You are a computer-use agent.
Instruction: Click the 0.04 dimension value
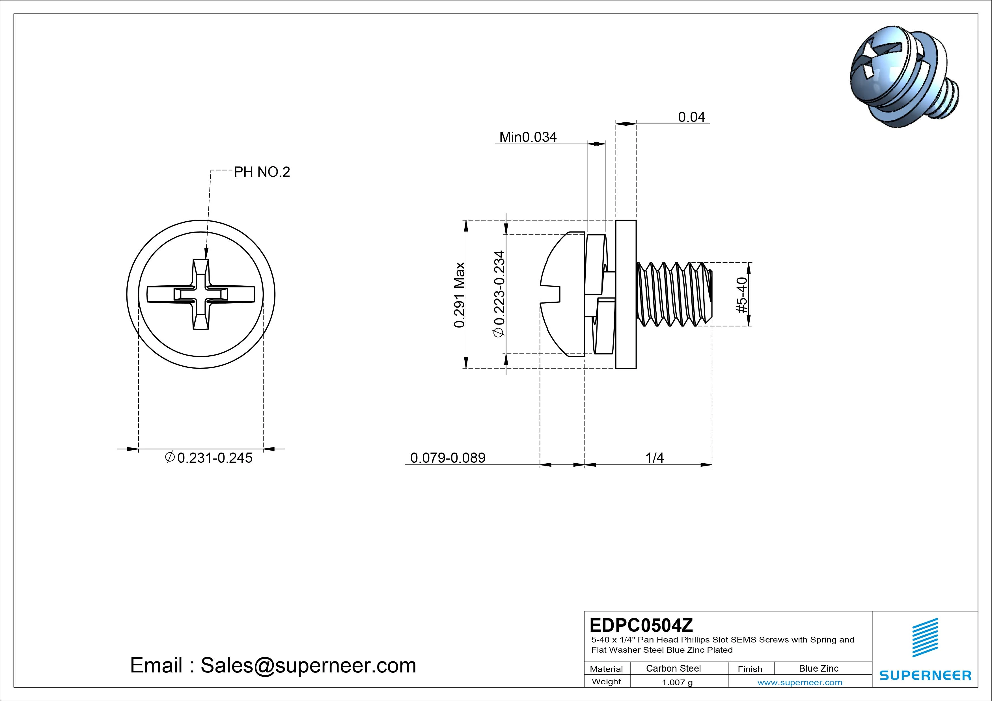tap(691, 117)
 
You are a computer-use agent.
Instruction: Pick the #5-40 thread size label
tap(741, 295)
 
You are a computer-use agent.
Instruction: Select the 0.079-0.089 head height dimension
tap(448, 458)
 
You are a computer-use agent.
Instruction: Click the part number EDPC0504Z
tap(641, 625)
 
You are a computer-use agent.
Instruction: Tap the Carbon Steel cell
tap(673, 668)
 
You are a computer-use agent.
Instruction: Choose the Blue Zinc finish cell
tap(818, 668)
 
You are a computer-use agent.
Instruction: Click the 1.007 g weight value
tap(677, 682)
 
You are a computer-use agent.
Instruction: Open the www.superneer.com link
tap(800, 682)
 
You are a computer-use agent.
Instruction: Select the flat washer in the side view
tap(626, 295)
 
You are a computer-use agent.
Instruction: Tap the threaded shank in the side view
tap(674, 295)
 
